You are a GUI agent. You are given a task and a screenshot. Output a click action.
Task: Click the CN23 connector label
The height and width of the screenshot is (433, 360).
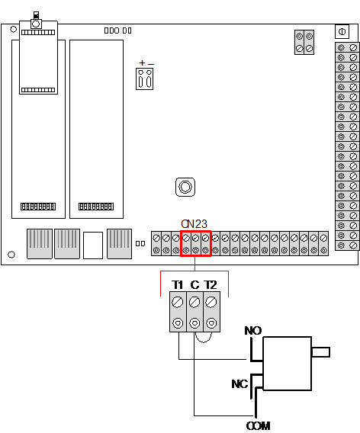(x=194, y=223)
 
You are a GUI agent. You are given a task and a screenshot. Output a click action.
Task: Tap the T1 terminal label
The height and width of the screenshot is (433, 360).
(x=178, y=284)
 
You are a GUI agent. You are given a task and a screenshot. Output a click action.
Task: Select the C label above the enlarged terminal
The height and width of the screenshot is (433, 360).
(x=194, y=284)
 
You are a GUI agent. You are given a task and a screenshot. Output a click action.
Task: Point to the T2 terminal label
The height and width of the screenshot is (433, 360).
(x=211, y=284)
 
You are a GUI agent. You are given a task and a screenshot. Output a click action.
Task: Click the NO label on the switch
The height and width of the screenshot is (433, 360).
(x=252, y=331)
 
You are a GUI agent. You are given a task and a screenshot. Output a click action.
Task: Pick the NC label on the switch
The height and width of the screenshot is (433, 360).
(x=239, y=384)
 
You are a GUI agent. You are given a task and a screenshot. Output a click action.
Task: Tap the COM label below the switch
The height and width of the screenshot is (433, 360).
(x=258, y=426)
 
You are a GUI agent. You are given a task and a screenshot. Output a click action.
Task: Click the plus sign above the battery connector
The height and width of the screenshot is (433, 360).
(x=142, y=63)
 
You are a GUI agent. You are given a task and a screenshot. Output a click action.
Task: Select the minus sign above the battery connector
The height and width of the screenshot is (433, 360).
(x=151, y=65)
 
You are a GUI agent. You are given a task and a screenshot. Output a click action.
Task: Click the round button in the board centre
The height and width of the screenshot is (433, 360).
(x=185, y=187)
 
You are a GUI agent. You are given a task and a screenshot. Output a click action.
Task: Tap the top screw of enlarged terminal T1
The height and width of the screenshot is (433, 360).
(x=178, y=302)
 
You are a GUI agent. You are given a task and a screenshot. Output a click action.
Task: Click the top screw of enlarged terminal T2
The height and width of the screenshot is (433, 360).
(x=211, y=302)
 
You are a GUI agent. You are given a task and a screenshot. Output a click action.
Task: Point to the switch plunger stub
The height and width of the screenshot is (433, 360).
(x=320, y=352)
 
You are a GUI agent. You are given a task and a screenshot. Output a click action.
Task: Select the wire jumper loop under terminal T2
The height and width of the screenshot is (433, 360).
(x=204, y=341)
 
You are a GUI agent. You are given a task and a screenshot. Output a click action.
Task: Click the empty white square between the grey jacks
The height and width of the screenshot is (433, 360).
(x=93, y=245)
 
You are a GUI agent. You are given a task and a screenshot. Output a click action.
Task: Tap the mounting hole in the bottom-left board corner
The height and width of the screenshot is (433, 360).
(x=11, y=255)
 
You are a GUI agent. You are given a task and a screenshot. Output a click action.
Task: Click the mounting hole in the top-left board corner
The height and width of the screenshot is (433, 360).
(x=13, y=29)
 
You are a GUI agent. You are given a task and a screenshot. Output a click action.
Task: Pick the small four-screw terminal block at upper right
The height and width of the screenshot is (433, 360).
(x=304, y=42)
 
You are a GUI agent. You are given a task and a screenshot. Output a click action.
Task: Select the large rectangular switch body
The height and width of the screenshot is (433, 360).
(x=288, y=364)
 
